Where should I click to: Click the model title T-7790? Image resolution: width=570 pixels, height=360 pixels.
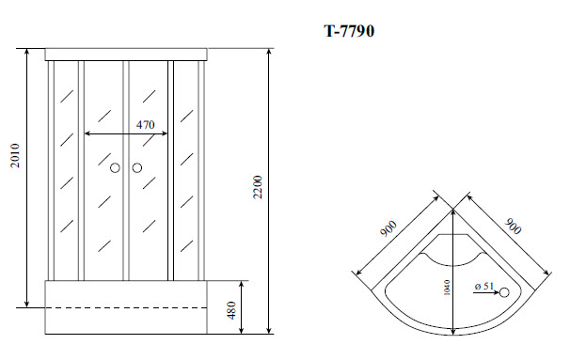click(351, 30)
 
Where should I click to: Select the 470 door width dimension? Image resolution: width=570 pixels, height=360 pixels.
click(145, 123)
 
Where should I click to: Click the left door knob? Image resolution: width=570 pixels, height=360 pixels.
click(116, 168)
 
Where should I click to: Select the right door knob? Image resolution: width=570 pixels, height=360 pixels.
click(136, 168)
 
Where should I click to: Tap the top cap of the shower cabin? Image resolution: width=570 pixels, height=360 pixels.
click(126, 53)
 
